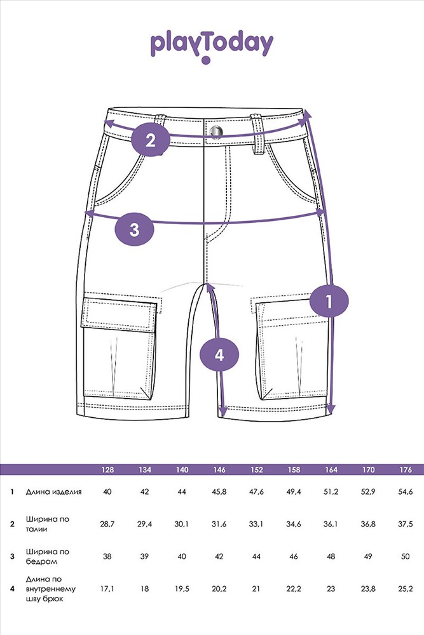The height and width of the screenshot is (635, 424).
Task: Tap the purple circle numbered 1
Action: [329, 301]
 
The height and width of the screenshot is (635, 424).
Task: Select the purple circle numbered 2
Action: [151, 140]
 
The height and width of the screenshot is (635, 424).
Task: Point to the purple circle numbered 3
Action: [135, 230]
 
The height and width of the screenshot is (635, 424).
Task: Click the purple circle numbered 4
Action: [219, 355]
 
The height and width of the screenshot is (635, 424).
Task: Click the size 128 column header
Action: [107, 470]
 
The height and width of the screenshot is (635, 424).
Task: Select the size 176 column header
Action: [406, 470]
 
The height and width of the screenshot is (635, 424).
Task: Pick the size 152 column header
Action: [257, 470]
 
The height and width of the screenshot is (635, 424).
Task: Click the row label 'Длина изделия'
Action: [53, 492]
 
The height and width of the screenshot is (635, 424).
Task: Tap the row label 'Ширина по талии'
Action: [48, 524]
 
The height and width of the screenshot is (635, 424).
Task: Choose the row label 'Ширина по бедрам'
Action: [48, 556]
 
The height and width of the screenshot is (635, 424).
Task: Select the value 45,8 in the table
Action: [219, 492]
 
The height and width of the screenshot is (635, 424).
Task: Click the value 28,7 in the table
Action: [107, 524]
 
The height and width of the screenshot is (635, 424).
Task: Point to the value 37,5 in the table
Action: [406, 524]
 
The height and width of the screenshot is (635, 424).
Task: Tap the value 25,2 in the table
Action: [406, 589]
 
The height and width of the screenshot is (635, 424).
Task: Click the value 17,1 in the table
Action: [107, 589]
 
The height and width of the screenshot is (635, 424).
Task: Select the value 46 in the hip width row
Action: [294, 556]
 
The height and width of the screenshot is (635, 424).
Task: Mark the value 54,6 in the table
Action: [406, 492]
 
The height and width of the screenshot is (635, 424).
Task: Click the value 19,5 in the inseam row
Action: [182, 589]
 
